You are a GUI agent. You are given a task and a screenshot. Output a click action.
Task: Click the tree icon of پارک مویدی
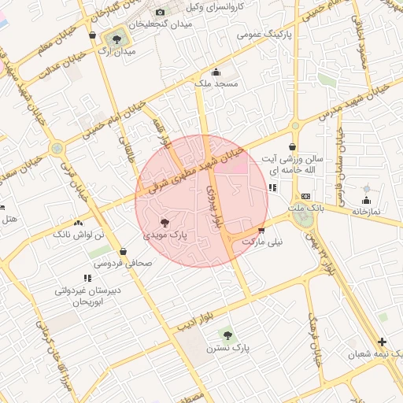click(165, 224)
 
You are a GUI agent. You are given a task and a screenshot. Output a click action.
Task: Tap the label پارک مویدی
click(165, 235)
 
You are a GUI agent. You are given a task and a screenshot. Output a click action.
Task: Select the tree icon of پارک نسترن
click(228, 335)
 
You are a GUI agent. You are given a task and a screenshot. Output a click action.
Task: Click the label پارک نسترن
click(228, 347)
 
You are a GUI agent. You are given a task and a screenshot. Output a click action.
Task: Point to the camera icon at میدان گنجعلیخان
click(161, 12)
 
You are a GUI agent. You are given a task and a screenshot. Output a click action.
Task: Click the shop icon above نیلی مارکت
click(261, 230)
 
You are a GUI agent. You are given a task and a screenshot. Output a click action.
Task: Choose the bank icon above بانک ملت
click(305, 196)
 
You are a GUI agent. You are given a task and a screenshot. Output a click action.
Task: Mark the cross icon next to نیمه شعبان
click(382, 342)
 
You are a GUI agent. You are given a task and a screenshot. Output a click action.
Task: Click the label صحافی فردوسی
click(123, 264)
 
